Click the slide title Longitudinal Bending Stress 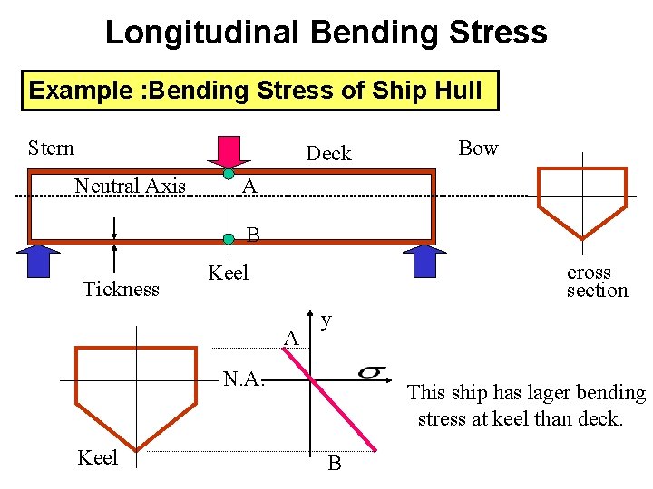(326, 33)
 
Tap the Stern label (51, 148)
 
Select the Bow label (478, 148)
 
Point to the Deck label (328, 153)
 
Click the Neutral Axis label (130, 187)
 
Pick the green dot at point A (229, 173)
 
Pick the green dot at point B (229, 239)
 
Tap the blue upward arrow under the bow (425, 260)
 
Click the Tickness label (121, 289)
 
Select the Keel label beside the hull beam (228, 273)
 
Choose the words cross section (597, 281)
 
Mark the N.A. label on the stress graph (244, 379)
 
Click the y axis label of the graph (326, 321)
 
